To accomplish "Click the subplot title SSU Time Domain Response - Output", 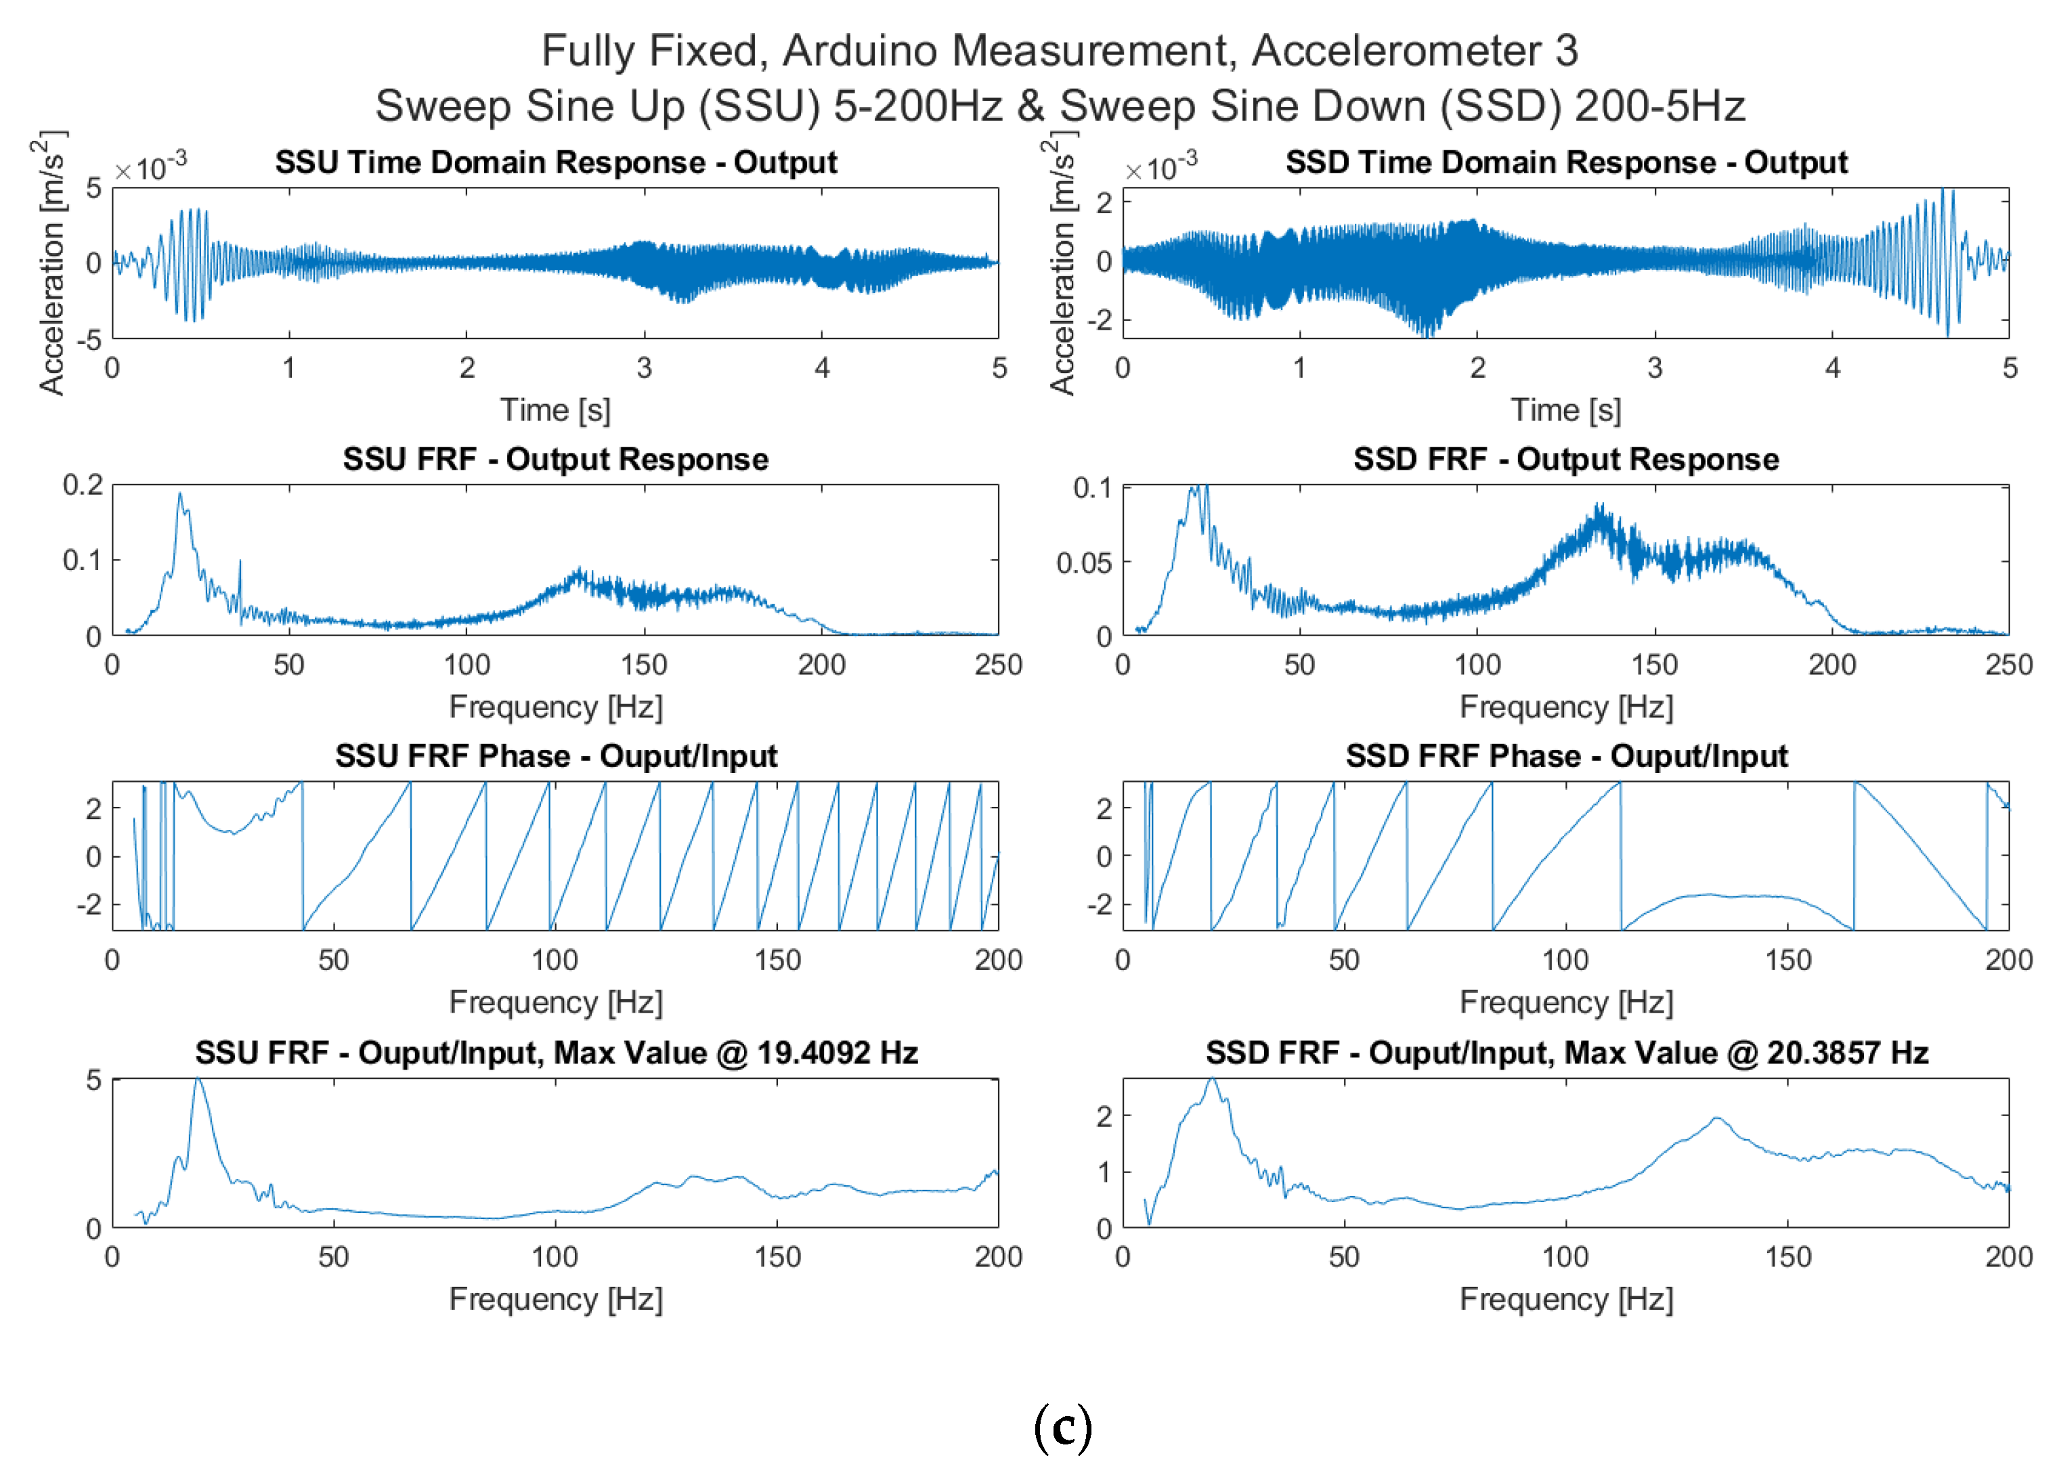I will [x=555, y=162].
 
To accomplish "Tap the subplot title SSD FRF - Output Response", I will [x=1566, y=459].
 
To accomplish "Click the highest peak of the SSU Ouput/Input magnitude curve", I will [x=198, y=1080].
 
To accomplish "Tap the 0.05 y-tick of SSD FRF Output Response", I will [x=1083, y=563].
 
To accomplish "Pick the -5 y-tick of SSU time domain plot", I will [x=89, y=340].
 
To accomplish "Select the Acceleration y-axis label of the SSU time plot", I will [x=52, y=263].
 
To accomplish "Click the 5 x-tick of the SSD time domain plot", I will [x=2009, y=368].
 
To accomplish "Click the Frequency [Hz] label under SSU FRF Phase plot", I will [x=555, y=1002].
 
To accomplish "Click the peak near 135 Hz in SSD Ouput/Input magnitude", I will [x=1716, y=1118].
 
